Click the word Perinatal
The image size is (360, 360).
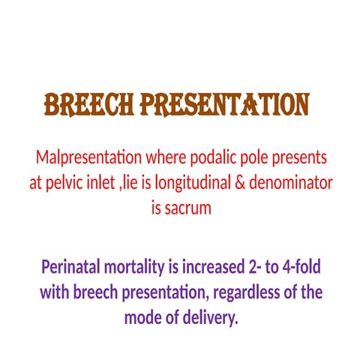tap(73, 266)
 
